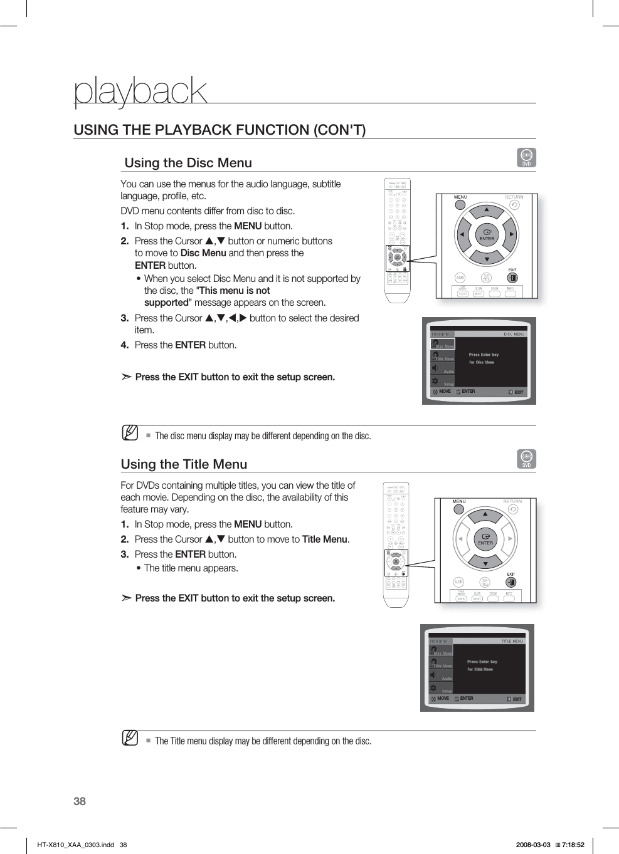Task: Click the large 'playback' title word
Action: click(140, 91)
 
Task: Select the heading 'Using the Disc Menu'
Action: click(188, 163)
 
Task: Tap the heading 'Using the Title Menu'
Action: click(184, 464)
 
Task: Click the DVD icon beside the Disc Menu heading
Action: click(526, 157)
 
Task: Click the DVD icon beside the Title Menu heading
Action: click(526, 459)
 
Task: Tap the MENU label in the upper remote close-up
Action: click(460, 197)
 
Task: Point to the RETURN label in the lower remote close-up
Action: click(512, 501)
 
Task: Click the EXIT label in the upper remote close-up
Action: click(512, 270)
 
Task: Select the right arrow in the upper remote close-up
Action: click(512, 235)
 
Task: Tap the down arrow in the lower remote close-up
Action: click(485, 564)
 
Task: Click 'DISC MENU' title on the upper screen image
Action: click(514, 335)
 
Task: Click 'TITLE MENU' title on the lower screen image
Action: click(512, 642)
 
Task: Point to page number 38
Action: click(80, 801)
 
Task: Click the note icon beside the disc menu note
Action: click(130, 432)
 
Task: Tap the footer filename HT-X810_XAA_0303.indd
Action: click(75, 845)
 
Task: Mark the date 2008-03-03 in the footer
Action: click(532, 845)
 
